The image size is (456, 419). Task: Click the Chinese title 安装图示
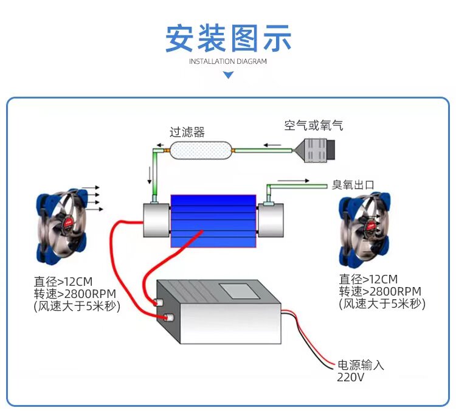228,38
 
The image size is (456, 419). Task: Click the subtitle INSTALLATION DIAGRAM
228,61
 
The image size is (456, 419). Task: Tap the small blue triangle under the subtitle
228,75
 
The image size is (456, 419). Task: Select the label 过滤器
187,132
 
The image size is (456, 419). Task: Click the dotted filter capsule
201,150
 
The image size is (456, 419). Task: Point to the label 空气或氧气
314,125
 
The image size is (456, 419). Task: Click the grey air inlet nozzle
315,150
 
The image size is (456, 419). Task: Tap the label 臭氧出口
353,185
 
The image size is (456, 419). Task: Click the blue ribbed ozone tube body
213,221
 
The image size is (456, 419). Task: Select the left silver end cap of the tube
156,220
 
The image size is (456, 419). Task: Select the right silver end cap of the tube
271,220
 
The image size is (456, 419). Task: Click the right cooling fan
365,229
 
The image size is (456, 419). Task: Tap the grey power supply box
219,311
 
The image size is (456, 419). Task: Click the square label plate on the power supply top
240,291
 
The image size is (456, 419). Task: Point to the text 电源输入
361,365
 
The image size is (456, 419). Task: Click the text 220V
350,378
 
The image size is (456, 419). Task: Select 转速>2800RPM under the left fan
75,294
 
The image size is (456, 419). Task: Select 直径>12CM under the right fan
368,279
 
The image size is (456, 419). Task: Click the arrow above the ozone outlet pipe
293,181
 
